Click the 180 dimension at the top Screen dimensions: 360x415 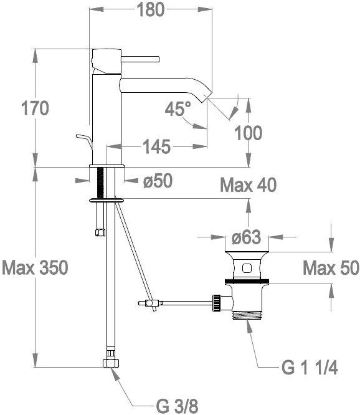coord(151,10)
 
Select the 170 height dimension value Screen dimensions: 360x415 coord(35,108)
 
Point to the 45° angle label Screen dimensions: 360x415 coord(178,108)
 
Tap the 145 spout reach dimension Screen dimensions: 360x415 coord(156,146)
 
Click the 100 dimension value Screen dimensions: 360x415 coord(248,133)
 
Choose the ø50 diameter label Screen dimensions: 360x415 coord(158,181)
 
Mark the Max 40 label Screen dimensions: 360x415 coord(248,185)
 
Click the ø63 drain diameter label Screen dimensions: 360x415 coord(246,237)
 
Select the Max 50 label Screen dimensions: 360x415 coord(331,268)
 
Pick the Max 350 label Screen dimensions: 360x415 coord(35,267)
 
